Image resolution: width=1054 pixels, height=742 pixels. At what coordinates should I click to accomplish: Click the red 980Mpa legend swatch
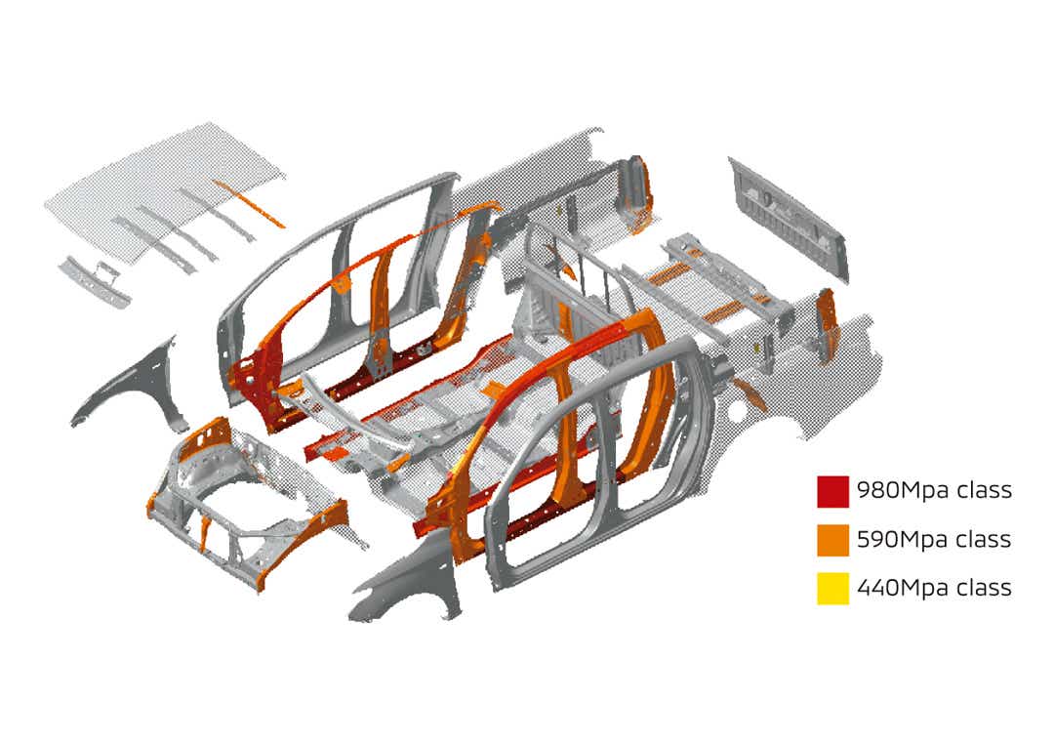click(832, 491)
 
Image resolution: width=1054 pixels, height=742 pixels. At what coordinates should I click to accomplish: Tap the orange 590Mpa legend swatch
click(832, 540)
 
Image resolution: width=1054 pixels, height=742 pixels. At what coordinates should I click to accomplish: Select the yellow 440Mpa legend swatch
click(832, 589)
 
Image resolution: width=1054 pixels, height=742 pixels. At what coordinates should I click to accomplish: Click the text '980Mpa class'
click(934, 490)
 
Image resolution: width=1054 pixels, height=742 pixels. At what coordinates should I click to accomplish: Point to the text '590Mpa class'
click(934, 540)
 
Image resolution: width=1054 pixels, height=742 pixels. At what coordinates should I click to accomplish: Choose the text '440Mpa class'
click(934, 588)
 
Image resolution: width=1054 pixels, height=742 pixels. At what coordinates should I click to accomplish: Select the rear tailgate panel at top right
click(788, 217)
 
